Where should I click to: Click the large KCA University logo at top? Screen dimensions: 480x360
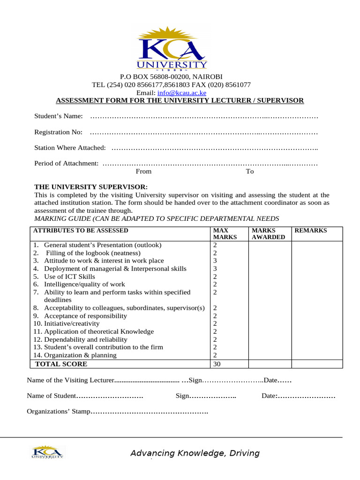(171, 49)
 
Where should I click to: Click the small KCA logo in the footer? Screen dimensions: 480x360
(47, 452)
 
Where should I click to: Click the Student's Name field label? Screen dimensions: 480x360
(59, 116)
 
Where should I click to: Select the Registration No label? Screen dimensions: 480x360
(59, 132)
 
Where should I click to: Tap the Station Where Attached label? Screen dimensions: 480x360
(70, 148)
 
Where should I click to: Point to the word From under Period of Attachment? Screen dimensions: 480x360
(143, 172)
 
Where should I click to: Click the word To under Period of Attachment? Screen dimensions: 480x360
(250, 172)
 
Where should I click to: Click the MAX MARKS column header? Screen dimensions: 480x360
(224, 234)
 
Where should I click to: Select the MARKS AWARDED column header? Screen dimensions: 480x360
(268, 234)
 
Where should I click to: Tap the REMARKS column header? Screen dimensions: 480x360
(310, 231)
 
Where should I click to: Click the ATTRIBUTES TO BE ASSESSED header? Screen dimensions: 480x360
(80, 231)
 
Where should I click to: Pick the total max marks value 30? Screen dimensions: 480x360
(217, 364)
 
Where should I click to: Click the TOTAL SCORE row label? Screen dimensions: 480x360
(61, 364)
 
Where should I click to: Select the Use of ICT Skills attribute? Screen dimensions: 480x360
(69, 277)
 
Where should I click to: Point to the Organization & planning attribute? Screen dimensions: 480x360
(80, 355)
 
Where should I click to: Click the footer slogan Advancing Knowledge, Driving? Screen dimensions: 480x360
(195, 453)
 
